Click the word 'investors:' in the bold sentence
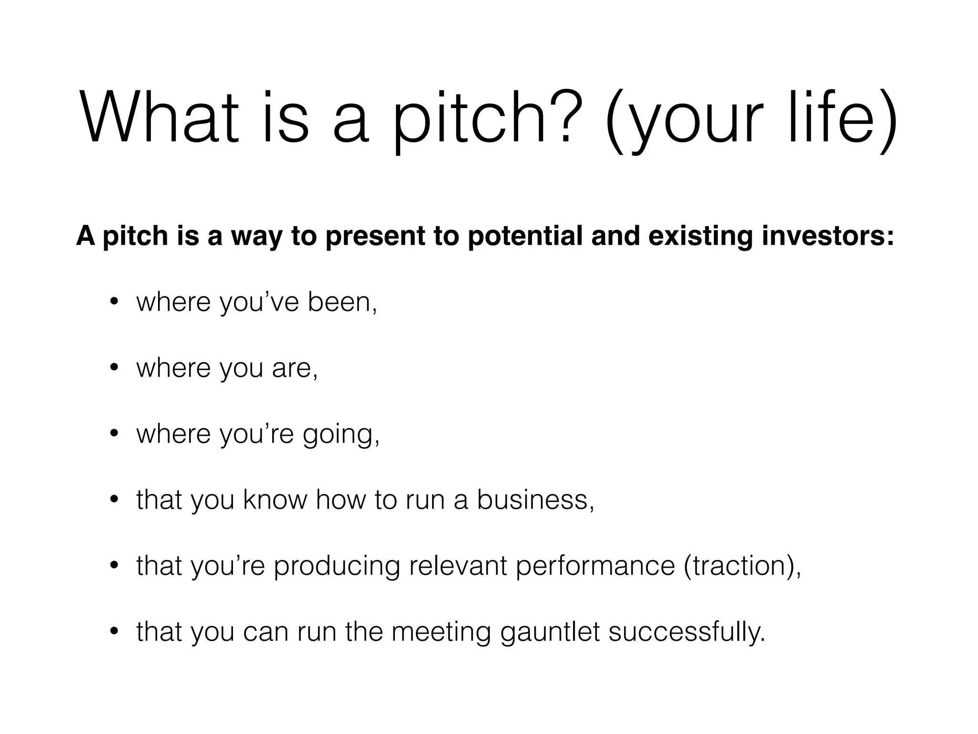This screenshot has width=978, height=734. pos(828,236)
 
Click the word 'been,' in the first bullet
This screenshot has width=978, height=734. pos(342,302)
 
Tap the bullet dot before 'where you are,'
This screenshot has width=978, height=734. pos(114,368)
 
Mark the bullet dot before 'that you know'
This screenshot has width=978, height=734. pos(114,500)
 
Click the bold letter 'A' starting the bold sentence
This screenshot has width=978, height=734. pos(85,236)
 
